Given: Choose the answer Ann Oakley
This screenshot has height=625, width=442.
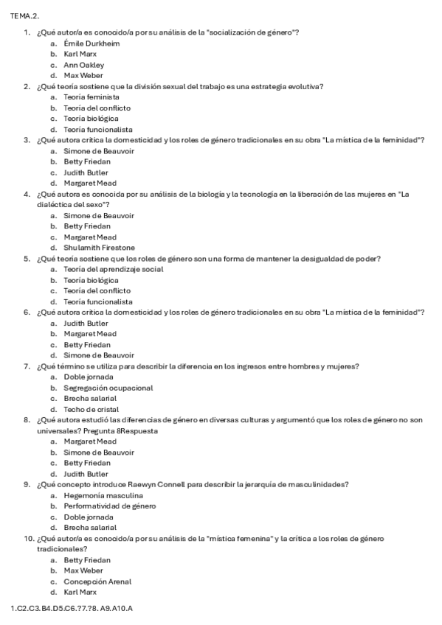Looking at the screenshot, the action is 83,65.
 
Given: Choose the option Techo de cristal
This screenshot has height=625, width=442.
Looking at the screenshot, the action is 91,409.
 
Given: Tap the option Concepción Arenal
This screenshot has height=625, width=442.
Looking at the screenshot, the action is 97,582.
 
